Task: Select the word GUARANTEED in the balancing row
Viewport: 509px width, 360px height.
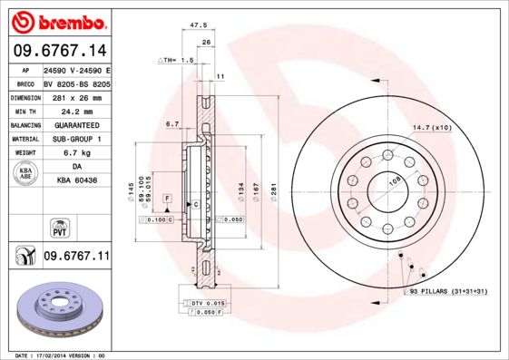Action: click(x=76, y=125)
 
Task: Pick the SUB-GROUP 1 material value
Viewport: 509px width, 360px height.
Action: click(x=76, y=139)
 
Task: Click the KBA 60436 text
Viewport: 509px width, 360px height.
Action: click(x=76, y=181)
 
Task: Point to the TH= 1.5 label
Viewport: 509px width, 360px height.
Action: click(x=177, y=60)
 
